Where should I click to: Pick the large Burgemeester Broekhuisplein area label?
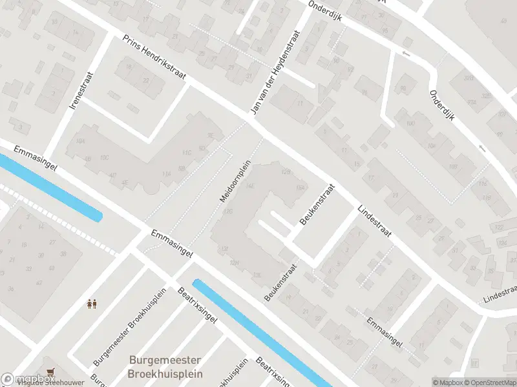[165, 367]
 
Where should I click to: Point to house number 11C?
[187, 153]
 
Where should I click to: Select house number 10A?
[80, 140]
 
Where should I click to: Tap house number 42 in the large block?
[39, 283]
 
